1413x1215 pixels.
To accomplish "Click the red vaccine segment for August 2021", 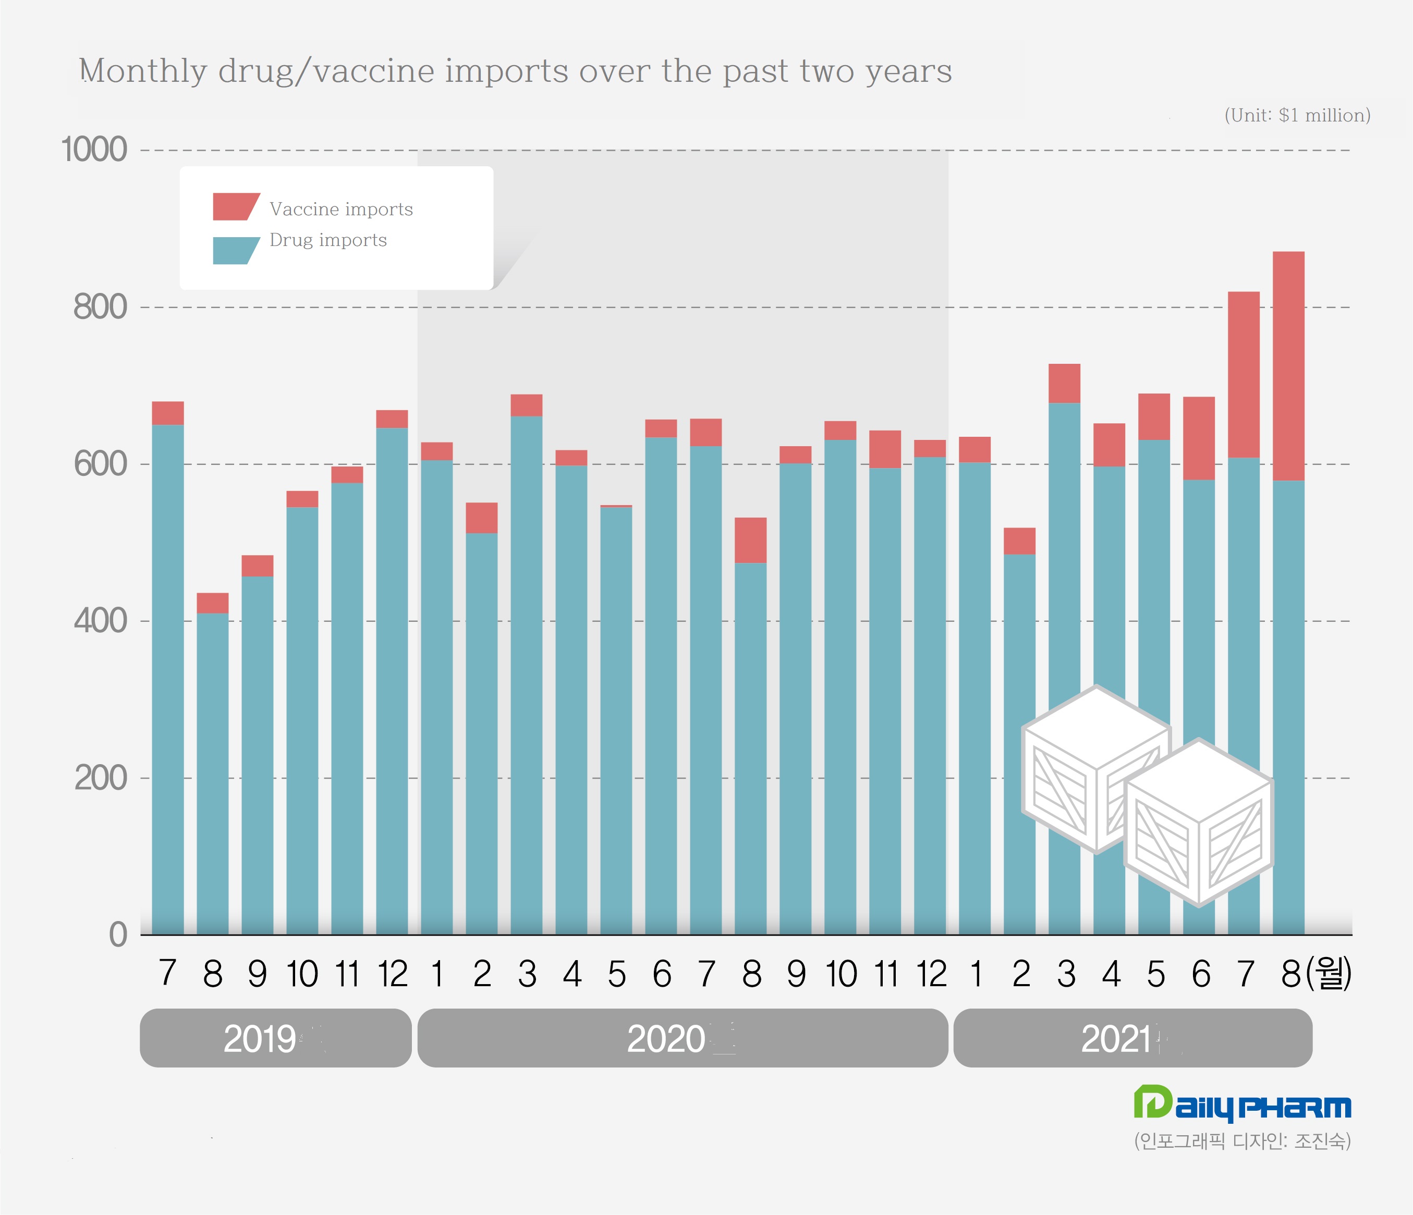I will tap(1288, 366).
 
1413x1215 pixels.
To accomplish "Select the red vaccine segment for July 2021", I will tap(1243, 374).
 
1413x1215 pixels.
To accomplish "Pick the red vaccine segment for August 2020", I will tap(750, 540).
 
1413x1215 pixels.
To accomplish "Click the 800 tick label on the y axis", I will tap(100, 307).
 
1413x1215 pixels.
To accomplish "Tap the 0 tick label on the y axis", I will tap(118, 934).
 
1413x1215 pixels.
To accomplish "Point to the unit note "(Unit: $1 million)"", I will tap(1297, 115).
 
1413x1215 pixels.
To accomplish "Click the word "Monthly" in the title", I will tap(142, 71).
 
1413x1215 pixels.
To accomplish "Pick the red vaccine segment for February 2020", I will tap(481, 518).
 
